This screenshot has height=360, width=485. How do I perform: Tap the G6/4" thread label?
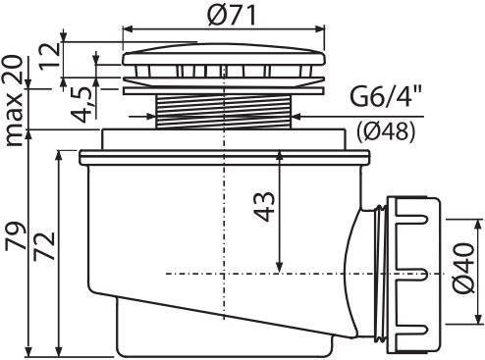pyautogui.click(x=385, y=96)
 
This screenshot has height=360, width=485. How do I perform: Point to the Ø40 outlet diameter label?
pyautogui.click(x=464, y=268)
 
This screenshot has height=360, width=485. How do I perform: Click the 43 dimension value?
pyautogui.click(x=264, y=207)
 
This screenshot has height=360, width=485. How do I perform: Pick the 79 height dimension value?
pyautogui.click(x=15, y=236)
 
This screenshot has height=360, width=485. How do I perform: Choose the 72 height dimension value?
pyautogui.click(x=44, y=245)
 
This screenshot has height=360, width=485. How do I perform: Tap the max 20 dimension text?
pyautogui.click(x=14, y=100)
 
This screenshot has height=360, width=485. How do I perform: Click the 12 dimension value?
pyautogui.click(x=50, y=56)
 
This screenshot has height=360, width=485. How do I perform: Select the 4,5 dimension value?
pyautogui.click(x=81, y=105)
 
